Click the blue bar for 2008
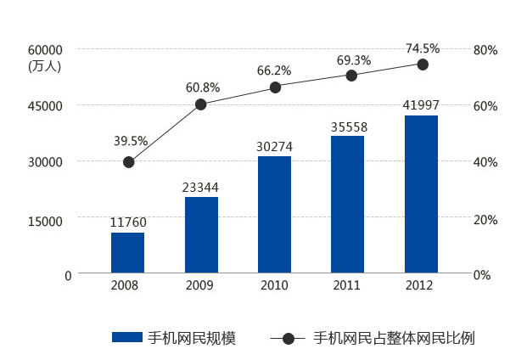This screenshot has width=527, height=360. click(x=127, y=252)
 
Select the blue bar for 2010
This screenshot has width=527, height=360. click(x=274, y=214)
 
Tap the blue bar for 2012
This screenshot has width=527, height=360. click(x=421, y=194)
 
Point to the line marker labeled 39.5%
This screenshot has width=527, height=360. click(x=128, y=162)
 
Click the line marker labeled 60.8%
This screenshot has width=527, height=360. click(x=201, y=104)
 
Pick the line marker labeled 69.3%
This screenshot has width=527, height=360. click(x=351, y=76)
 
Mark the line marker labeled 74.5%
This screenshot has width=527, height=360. click(x=422, y=65)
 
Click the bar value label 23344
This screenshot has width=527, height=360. click(x=201, y=185)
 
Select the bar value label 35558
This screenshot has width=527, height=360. click(x=348, y=125)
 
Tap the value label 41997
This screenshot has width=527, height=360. click(x=421, y=104)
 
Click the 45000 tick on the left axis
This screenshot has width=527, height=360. click(x=46, y=106)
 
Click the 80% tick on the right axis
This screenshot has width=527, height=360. click(x=485, y=50)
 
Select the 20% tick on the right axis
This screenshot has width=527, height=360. click(x=485, y=220)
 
